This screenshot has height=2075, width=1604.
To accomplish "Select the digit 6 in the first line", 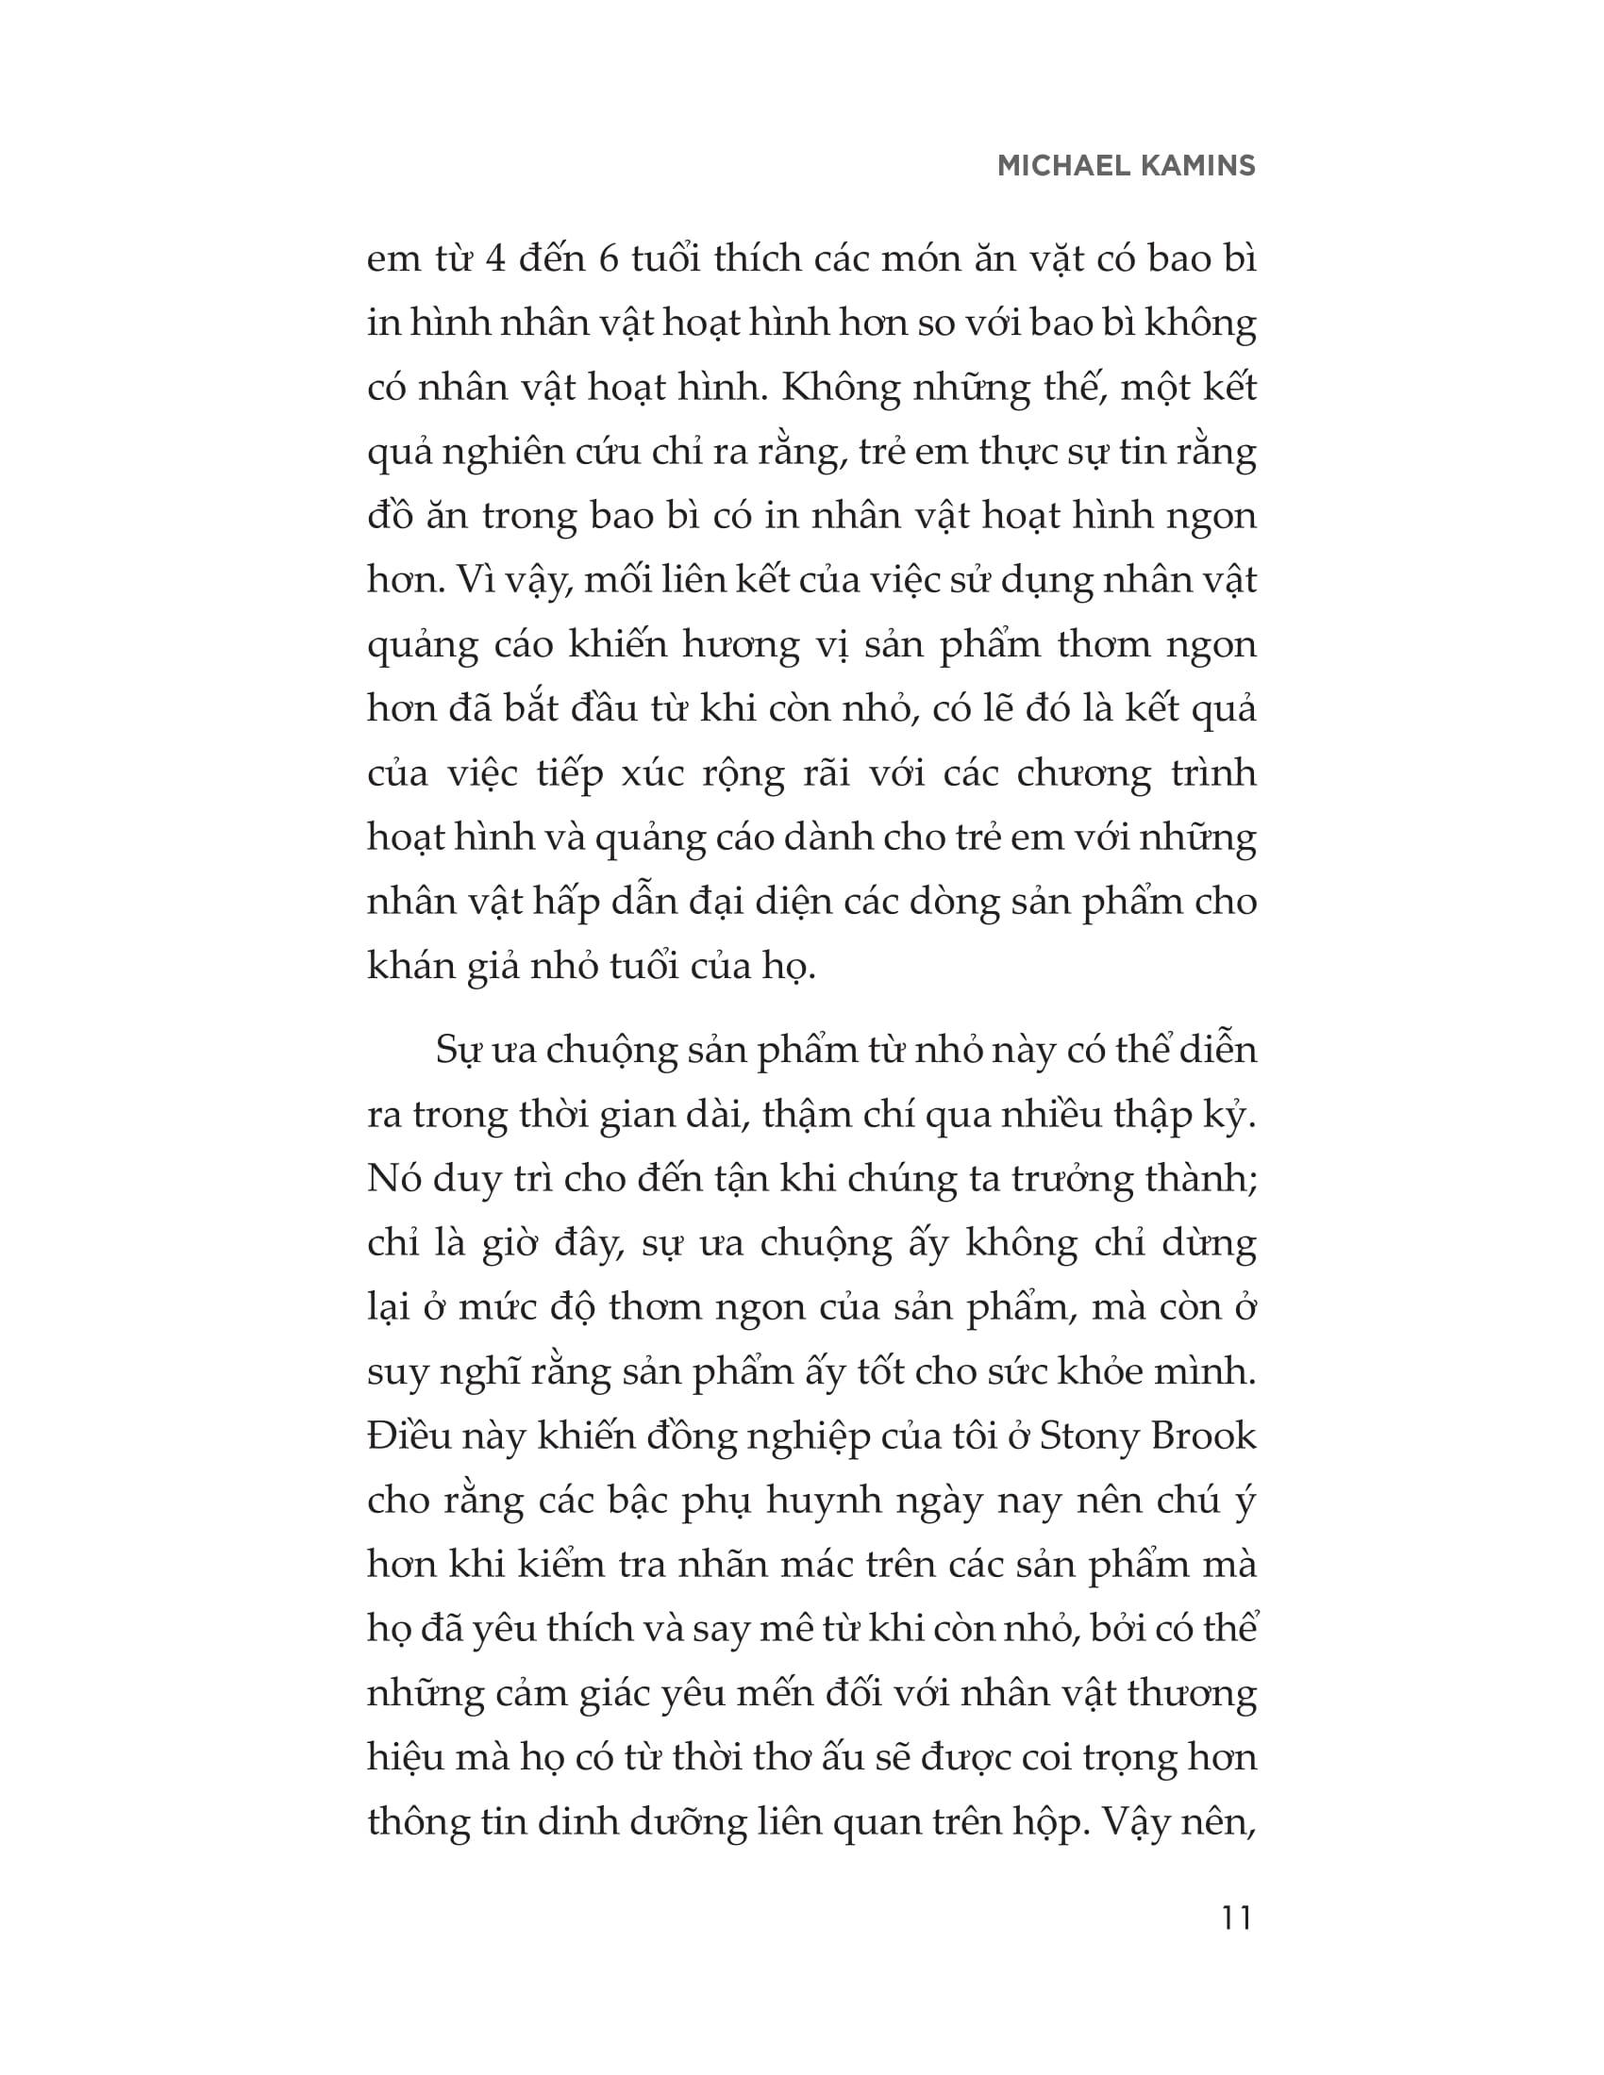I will pos(610,259).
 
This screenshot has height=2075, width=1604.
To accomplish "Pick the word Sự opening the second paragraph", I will pos(458,1051).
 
